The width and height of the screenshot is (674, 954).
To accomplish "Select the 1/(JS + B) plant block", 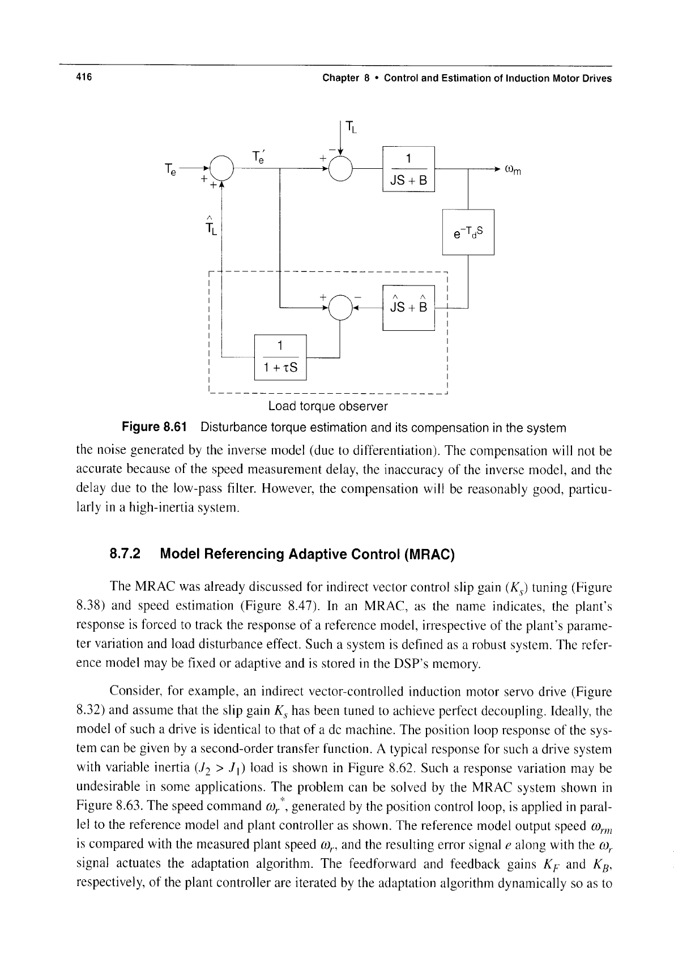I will pos(408,169).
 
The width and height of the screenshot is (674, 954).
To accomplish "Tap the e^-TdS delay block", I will pos(468,232).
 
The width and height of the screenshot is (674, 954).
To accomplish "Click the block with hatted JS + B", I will pos(408,306).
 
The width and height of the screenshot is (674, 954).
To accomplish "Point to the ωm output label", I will pos(513,171).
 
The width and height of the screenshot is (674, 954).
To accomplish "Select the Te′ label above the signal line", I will pos(258,155).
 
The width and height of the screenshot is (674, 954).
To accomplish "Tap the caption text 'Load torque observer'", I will pos(328,406).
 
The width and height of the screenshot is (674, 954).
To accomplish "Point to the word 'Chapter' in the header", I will pos(339,78).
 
